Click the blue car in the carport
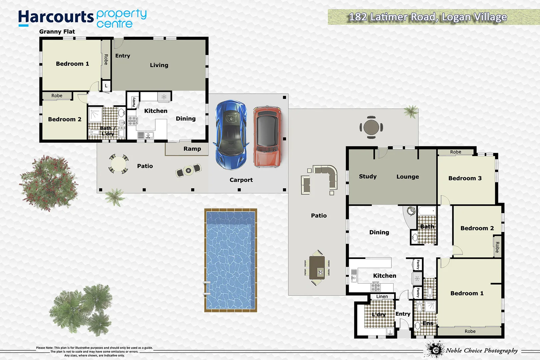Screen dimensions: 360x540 (x=231, y=135)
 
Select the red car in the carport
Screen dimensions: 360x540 (x=267, y=137)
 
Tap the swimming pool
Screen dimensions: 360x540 (x=230, y=260)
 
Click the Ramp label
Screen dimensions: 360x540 (x=192, y=149)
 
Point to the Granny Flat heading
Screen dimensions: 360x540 (x=57, y=32)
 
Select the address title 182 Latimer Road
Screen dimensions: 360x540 (x=428, y=17)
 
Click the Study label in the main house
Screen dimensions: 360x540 (x=368, y=176)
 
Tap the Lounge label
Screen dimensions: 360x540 (x=407, y=177)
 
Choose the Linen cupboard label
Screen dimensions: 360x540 (x=382, y=296)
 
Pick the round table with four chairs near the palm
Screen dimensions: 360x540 (x=371, y=127)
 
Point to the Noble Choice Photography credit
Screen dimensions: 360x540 (x=481, y=350)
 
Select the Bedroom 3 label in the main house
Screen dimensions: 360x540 (x=465, y=178)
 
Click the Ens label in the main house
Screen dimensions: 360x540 (x=428, y=323)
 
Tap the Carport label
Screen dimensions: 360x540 (x=241, y=180)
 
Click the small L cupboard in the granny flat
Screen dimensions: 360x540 (x=106, y=86)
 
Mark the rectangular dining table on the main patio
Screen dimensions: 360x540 (x=317, y=268)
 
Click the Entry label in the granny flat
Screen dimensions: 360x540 (x=122, y=56)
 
